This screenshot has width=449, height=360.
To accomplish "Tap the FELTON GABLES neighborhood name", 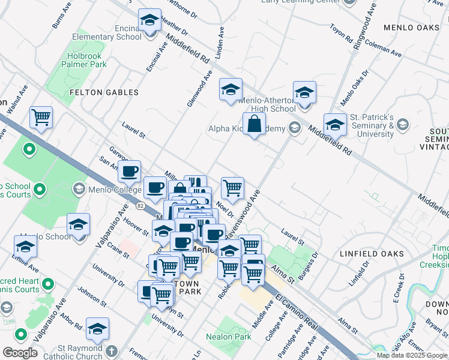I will tap(104, 92).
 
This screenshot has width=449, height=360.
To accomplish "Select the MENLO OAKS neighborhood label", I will tap(413, 28).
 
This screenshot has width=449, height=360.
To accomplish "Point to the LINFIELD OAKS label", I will tap(372, 254).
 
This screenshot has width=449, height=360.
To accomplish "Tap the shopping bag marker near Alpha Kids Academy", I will tap(255, 124).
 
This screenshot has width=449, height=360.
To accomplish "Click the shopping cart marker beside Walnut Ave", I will tap(41, 118).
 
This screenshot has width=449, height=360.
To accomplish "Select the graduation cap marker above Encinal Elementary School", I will tap(149, 20).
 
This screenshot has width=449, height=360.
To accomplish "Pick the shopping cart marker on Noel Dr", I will tap(232, 187).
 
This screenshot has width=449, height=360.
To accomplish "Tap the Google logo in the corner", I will tap(20, 353).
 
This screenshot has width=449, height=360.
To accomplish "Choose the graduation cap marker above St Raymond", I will tap(97, 329).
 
